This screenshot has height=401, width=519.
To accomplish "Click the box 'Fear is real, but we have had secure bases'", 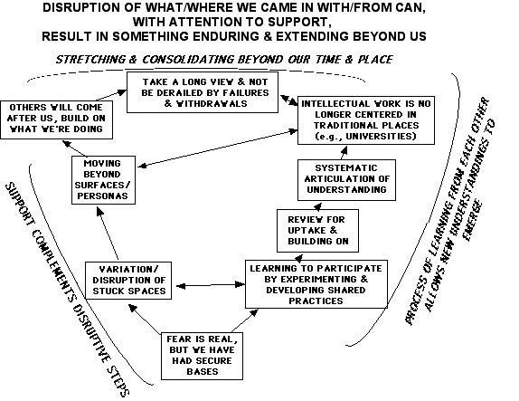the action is [202, 356].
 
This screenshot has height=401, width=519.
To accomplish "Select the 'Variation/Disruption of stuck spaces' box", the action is [128, 281].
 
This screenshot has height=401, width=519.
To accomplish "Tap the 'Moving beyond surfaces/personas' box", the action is [103, 180].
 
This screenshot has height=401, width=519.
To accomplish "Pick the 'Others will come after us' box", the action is [57, 119].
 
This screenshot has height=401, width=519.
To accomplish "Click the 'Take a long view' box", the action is [203, 92].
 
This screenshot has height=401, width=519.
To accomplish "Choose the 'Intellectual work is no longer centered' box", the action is [366, 120].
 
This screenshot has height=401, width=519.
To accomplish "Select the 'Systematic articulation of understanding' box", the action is [346, 180].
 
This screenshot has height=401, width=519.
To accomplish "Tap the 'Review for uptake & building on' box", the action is [317, 231].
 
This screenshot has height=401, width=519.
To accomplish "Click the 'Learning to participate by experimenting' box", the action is [316, 284].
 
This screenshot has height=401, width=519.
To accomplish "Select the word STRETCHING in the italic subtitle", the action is [91, 60].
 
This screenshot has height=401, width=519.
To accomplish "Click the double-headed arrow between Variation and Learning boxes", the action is [211, 285].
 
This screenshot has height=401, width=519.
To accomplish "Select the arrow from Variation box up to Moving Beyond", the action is [107, 234].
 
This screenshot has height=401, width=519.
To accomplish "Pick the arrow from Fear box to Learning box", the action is [245, 320].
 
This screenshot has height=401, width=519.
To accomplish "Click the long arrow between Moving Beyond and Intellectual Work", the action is [217, 148].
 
